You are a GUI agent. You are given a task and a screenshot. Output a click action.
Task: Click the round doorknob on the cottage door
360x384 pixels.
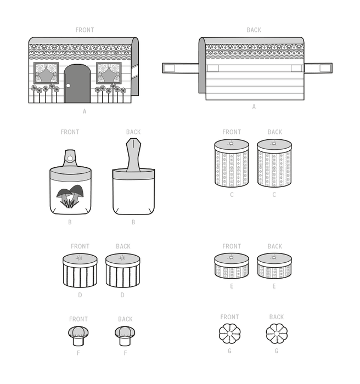pos(68,86)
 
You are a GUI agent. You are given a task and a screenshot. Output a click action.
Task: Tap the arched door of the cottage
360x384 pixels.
pos(77,83)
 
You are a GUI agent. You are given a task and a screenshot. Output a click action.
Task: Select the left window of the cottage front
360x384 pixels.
pos(46,73)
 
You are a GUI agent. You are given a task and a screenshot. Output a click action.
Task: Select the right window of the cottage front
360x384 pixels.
pos(109,73)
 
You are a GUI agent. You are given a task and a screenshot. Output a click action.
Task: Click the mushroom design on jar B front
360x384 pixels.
pos(70,196)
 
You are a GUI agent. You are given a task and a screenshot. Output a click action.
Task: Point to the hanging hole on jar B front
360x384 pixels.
pos(70,158)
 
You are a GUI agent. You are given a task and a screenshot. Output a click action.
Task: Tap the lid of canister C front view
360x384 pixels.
pos(232,145)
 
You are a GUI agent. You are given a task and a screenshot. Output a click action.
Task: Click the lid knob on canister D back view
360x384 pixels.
pos(122,258)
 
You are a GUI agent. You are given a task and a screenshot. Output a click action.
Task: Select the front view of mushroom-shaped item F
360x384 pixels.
pos(78,336)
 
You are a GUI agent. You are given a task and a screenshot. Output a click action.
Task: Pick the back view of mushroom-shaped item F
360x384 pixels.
pos(125,336)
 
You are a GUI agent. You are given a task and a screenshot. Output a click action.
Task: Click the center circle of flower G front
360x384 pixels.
pos(229,334)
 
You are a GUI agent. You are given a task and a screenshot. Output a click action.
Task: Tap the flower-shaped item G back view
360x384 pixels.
pos(277,334)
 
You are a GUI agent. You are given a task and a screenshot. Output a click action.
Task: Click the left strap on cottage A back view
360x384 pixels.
pos(181,68)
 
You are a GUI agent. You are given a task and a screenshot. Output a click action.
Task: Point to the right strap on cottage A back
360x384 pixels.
pos(318,68)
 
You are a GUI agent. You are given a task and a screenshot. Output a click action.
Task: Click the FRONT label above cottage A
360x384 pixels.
pos(85,30)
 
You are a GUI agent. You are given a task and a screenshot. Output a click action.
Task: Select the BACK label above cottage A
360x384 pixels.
pos(254,30)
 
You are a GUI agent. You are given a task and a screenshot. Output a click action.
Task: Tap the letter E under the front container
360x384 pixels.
pos(232,286)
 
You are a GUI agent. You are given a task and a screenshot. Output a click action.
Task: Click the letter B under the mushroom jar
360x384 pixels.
pos(70,222)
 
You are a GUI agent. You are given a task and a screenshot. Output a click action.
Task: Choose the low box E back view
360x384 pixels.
pos(274,266)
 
